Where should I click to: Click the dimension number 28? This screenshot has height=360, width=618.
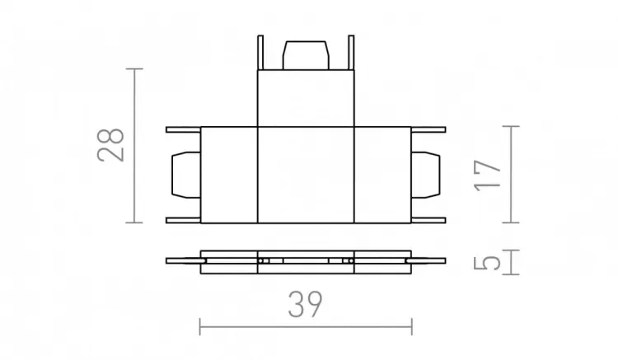(110, 145)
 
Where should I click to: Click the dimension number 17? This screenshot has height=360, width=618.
(489, 175)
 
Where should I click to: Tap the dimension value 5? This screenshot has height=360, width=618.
(489, 262)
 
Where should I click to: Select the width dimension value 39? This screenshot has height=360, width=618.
(306, 306)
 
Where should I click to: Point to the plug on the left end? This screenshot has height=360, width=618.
(185, 175)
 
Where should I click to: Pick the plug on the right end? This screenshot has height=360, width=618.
(426, 175)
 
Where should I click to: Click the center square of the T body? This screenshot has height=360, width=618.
(306, 175)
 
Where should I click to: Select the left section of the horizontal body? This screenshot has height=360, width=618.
(229, 175)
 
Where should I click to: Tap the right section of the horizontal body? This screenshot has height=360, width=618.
(382, 175)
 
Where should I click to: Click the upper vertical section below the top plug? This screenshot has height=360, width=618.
(306, 99)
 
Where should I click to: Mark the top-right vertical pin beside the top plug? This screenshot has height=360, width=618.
(352, 54)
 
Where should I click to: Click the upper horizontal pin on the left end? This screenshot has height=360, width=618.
(183, 129)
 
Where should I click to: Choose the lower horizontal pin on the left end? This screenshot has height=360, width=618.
(183, 220)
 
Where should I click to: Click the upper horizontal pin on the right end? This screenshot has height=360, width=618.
(428, 129)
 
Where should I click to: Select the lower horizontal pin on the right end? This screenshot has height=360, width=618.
(428, 220)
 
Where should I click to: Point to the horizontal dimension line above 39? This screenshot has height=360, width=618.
(306, 328)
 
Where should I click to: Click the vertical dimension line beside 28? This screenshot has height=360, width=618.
(137, 145)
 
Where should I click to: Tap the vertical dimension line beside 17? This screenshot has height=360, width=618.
(513, 175)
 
